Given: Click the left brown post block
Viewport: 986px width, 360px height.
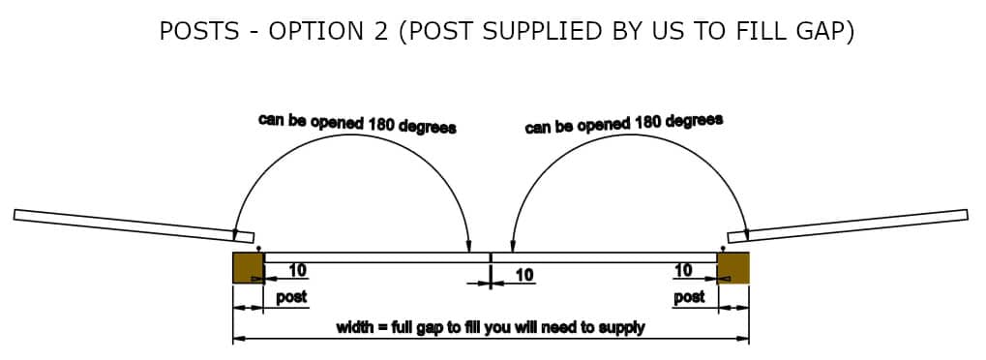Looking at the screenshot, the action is click(x=247, y=267).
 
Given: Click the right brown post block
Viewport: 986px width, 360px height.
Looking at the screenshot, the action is click(x=732, y=267).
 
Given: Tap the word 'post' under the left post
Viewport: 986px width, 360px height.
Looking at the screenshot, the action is click(x=291, y=297).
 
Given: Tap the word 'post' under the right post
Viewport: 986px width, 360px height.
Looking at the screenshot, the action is click(x=689, y=297).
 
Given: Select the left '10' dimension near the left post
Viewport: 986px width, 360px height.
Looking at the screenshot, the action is click(x=298, y=270).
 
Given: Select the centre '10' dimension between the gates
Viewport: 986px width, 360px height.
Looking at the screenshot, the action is click(x=523, y=276).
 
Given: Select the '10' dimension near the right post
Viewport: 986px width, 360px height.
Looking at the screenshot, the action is click(x=683, y=270).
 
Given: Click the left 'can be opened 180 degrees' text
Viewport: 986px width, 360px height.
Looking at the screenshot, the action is click(x=357, y=123).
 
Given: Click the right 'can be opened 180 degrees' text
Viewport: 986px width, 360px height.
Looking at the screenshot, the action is click(x=623, y=124).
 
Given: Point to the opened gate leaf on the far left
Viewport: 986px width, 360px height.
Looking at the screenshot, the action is click(x=134, y=225).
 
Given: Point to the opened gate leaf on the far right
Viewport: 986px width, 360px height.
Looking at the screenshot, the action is click(x=848, y=224).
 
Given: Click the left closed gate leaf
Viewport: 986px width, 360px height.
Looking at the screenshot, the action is click(x=375, y=257).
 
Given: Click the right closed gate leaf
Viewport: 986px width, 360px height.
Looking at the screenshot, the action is click(x=605, y=257).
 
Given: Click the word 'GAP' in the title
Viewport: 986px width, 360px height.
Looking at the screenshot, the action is click(x=822, y=31).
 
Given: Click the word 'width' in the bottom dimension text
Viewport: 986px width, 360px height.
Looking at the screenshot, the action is click(x=354, y=327).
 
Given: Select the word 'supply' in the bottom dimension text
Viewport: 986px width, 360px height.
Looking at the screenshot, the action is click(x=622, y=328).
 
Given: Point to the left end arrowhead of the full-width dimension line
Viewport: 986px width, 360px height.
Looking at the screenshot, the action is click(x=238, y=339).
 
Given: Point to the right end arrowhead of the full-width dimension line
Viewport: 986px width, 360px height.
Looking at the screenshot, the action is click(x=743, y=339).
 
